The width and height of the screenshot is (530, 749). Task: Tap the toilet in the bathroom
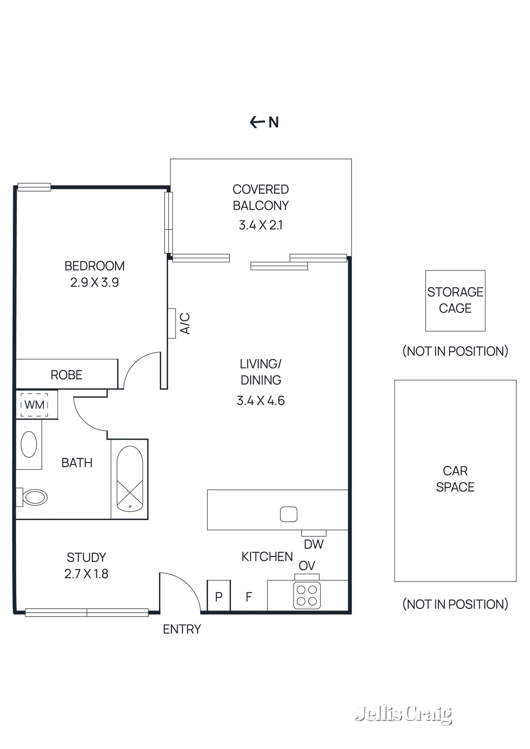coord(35,497)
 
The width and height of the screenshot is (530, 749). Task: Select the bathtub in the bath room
coord(129,479)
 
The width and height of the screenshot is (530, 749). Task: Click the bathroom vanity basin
coord(29,444)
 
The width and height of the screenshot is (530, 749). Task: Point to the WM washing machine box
coord(34,404)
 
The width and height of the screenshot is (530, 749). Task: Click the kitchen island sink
coord(288,514)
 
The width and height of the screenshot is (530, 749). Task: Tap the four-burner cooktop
coord(307,595)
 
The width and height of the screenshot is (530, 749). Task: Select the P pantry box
coord(219,597)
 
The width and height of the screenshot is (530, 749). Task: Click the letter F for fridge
coord(249,597)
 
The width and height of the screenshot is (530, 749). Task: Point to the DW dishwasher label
coord(314,544)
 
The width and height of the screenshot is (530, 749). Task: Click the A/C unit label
coord(185,323)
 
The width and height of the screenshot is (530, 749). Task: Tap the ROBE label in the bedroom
coord(66,375)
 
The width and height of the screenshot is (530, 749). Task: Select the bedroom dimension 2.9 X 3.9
coord(95,282)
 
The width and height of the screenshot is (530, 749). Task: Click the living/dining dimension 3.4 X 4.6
coord(261,401)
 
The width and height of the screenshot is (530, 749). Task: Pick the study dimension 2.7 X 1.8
coord(86,574)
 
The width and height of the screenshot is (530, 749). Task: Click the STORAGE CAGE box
coord(455,301)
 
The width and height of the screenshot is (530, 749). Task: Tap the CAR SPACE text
coord(455,479)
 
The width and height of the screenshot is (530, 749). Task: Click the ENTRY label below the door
coord(182,629)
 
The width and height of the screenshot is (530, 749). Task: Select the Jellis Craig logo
coord(404,714)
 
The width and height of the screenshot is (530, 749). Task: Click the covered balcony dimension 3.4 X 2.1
coord(261,225)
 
